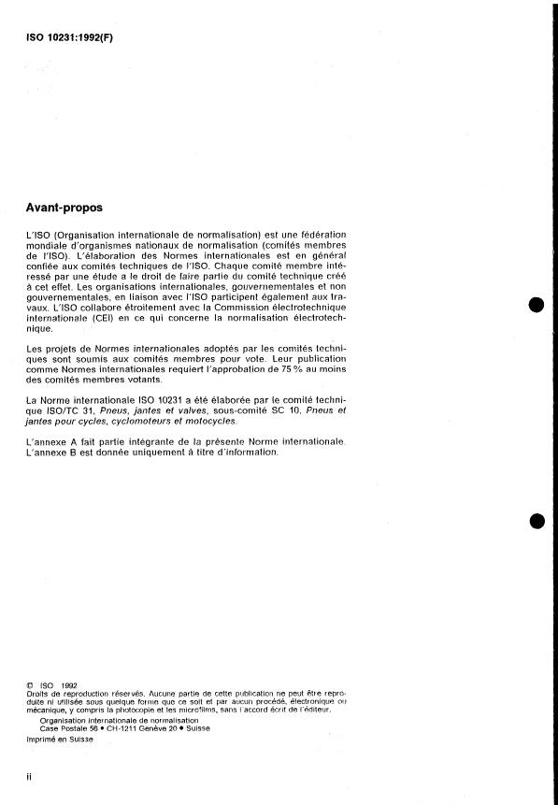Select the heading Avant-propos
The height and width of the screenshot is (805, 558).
65,207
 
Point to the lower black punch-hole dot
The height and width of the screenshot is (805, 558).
536,522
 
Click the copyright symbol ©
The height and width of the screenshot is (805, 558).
30,685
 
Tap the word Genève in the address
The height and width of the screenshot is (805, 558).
142,728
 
